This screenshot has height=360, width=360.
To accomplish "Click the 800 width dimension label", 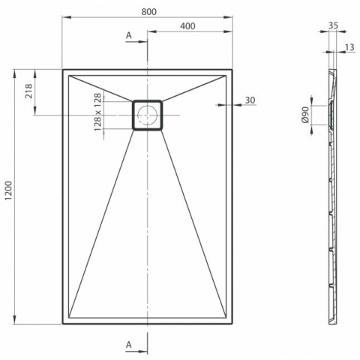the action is pyautogui.click(x=148, y=11).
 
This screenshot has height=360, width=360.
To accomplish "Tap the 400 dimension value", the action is pyautogui.click(x=187, y=26).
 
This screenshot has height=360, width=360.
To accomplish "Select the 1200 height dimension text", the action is pyautogui.click(x=8, y=190).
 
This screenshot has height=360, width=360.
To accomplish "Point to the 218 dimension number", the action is pyautogui.click(x=28, y=91).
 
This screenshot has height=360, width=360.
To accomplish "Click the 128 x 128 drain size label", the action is pyautogui.click(x=98, y=112).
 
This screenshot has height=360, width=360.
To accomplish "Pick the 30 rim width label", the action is pyautogui.click(x=250, y=100).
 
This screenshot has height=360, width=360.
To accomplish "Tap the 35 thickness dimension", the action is pyautogui.click(x=333, y=25).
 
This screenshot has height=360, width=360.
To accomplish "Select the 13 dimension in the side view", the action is pyautogui.click(x=350, y=47).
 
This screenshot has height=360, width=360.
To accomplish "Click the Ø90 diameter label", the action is pyautogui.click(x=305, y=115).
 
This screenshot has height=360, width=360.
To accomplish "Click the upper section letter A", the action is pyautogui.click(x=129, y=35).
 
